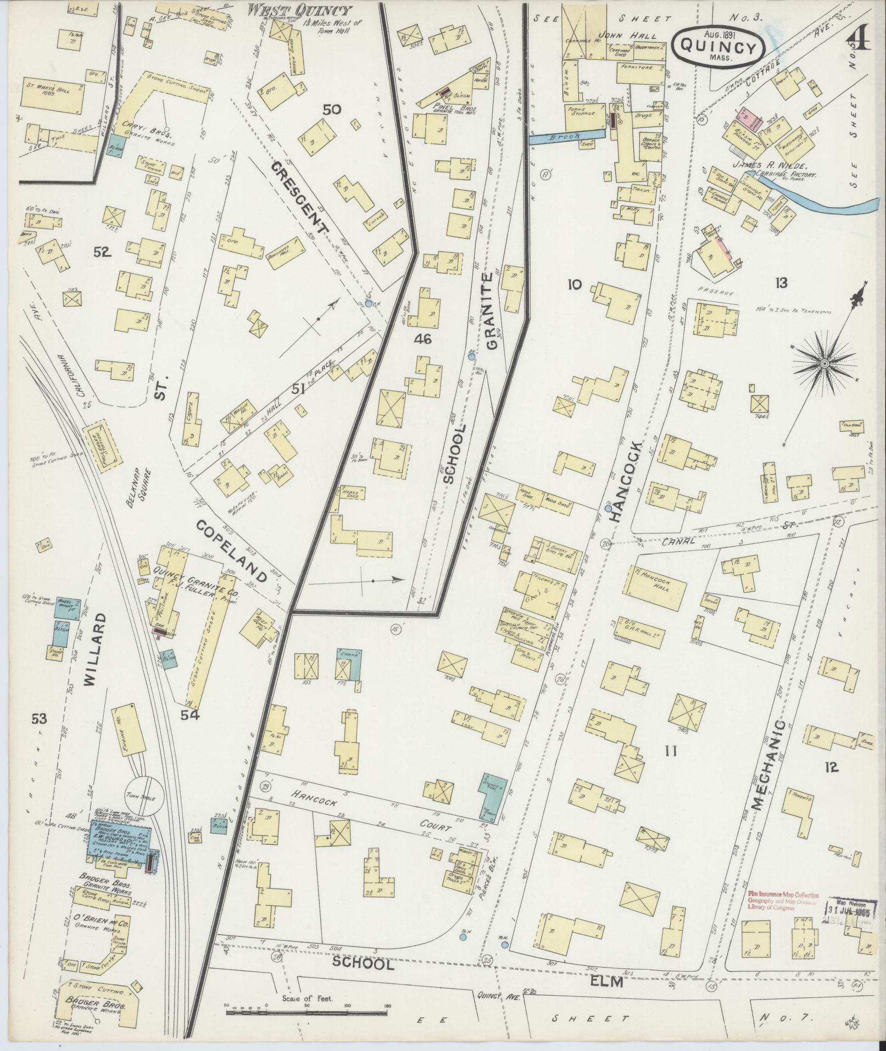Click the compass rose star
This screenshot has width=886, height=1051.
tap(824, 364)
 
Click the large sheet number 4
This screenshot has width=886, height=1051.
tap(859, 40)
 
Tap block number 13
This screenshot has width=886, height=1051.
tap(781, 283)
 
